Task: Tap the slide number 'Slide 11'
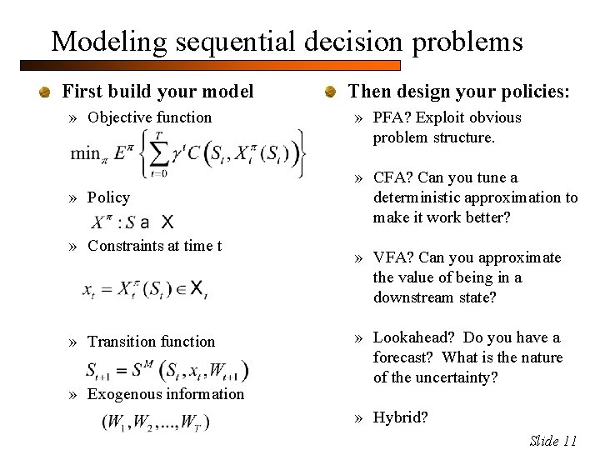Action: click(x=553, y=441)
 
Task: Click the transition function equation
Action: click(x=167, y=370)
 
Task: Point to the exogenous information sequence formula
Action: click(x=156, y=422)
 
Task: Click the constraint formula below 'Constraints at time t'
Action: click(x=145, y=290)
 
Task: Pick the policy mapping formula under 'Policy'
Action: click(x=133, y=222)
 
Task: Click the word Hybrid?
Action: click(x=401, y=417)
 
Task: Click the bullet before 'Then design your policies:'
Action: click(x=331, y=92)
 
